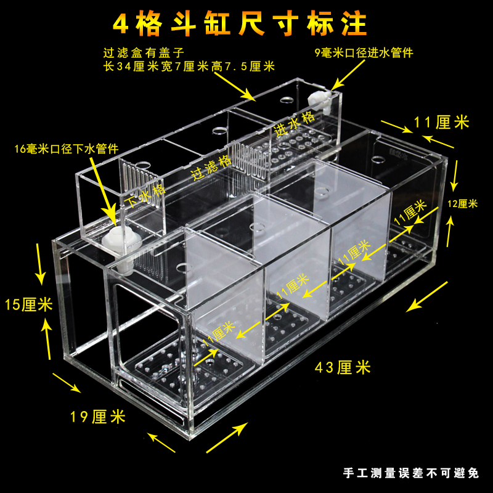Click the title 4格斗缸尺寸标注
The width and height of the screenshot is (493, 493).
[x=240, y=23]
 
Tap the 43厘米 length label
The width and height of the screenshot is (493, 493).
[x=343, y=368]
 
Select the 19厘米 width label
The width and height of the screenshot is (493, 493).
[x=98, y=417]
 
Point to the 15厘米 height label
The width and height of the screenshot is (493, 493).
[x=28, y=304]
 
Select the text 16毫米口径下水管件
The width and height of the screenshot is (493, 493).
[x=68, y=150]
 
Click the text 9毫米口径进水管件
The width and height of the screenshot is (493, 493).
[x=364, y=53]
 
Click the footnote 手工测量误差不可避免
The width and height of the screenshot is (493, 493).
[x=410, y=473]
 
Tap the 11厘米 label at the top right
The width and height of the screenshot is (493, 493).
[x=442, y=122]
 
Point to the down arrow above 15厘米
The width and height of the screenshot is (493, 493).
[x=41, y=268]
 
